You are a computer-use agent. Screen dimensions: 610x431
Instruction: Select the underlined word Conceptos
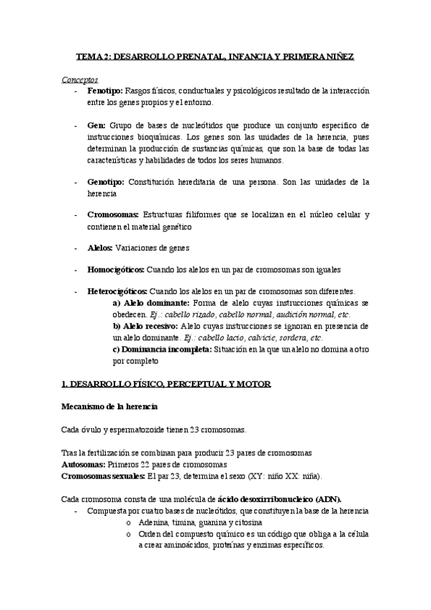click(80, 80)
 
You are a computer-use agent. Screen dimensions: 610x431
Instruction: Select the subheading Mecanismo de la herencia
click(109, 407)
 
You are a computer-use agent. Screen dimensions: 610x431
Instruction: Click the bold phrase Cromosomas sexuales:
click(102, 475)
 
